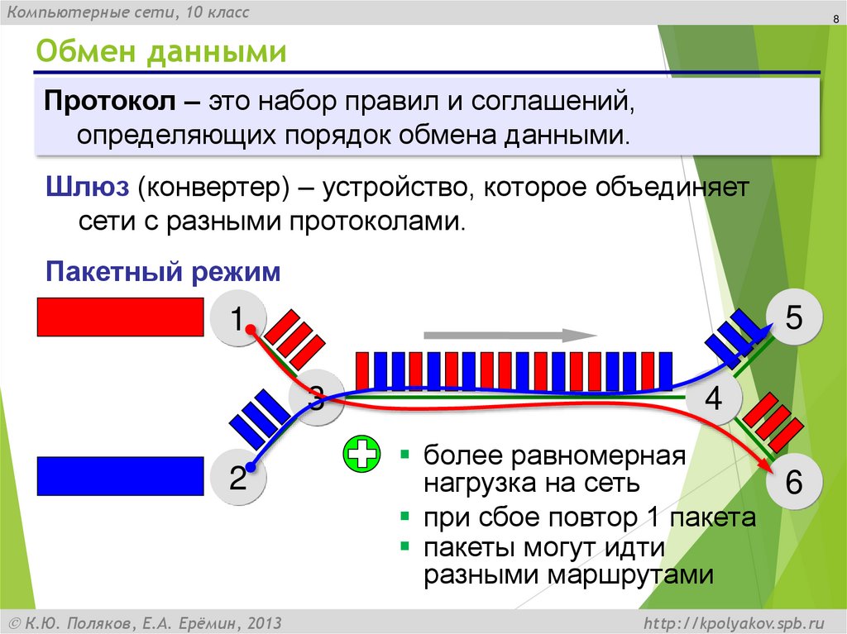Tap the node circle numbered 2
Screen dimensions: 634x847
point(237,478)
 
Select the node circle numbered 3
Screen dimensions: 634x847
point(316,401)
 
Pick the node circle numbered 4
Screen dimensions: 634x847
point(713,400)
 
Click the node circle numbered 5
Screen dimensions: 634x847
point(793,318)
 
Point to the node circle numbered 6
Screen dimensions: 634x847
point(793,484)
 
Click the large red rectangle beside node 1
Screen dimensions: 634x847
point(120,317)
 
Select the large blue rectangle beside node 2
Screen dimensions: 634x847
point(120,476)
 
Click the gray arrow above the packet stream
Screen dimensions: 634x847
point(510,336)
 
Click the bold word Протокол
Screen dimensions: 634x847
point(111,104)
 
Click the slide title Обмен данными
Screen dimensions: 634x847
point(160,53)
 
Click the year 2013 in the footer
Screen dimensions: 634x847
point(263,622)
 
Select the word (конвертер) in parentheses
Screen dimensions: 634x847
point(213,187)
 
